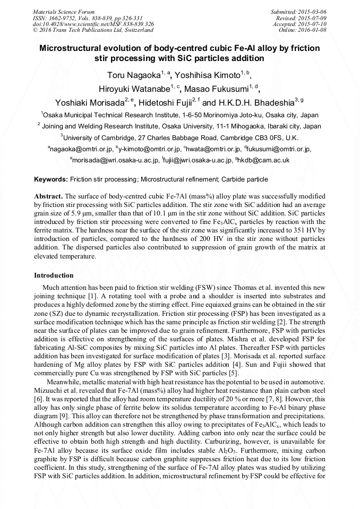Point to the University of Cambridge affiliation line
point(179,138)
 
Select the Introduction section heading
point(54,275)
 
